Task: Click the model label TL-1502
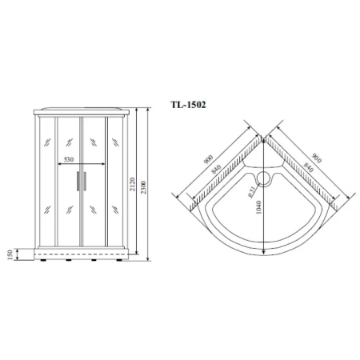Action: click(x=189, y=104)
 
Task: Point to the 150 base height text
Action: click(x=11, y=254)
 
